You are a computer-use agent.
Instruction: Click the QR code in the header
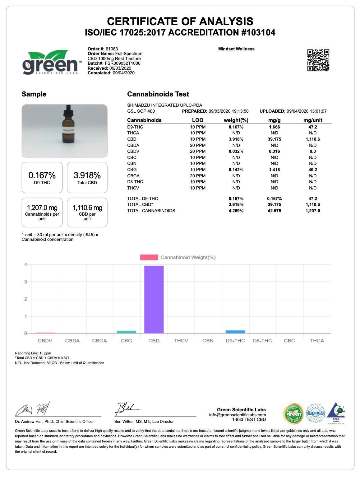point(318,60)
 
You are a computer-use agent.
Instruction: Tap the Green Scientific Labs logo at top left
point(50,63)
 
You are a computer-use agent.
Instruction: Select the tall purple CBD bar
point(154,299)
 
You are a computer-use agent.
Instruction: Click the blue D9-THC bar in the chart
point(235,332)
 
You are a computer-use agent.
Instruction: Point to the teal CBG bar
point(127,332)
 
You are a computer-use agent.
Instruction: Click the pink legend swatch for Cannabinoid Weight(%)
point(149,257)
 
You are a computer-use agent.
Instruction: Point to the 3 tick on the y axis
point(26,282)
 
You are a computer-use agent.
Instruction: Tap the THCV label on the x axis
point(181,341)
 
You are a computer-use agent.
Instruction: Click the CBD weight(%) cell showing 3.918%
point(236,139)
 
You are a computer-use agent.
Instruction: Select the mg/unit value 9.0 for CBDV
point(313,151)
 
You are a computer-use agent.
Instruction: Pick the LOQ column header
point(198,120)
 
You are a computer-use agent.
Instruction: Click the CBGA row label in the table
point(133,175)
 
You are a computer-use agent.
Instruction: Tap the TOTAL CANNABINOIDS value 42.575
point(274,211)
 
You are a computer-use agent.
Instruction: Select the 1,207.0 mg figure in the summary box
point(42,208)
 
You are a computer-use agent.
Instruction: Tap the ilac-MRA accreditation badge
point(315,413)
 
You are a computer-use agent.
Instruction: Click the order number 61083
point(112,49)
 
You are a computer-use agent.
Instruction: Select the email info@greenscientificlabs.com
point(238,415)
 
